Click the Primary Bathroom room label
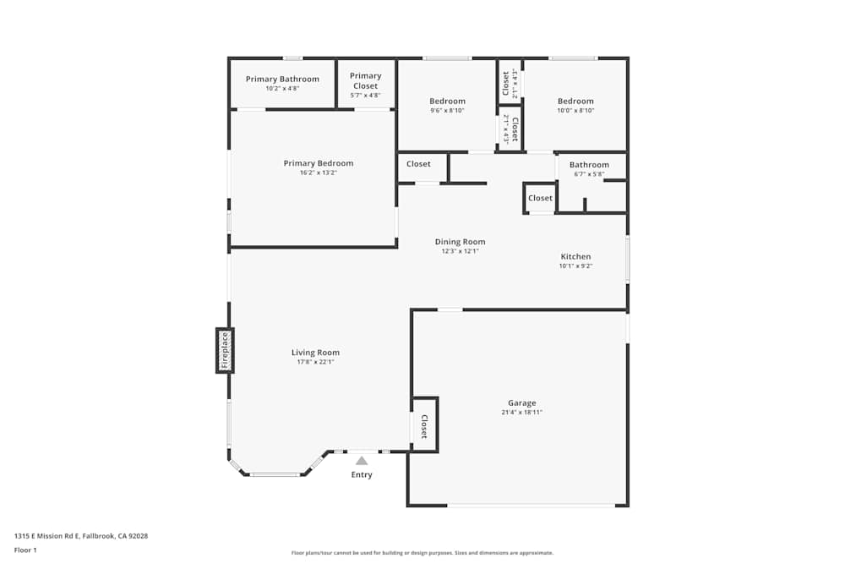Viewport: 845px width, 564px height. point(282,79)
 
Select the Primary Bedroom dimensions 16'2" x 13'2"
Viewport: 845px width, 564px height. point(319,172)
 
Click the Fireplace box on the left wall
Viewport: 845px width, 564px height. point(225,350)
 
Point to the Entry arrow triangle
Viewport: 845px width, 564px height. point(362,461)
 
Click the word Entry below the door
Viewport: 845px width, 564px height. point(362,474)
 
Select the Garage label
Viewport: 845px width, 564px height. point(521,403)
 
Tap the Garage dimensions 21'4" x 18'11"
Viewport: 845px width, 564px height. point(521,413)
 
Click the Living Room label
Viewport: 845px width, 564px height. point(315,353)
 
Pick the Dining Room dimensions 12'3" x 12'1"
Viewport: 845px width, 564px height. point(460,251)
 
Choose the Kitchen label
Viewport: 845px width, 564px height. point(575,256)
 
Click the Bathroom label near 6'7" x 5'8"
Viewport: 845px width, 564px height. point(589,165)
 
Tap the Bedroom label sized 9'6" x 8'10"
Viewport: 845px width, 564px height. point(447,101)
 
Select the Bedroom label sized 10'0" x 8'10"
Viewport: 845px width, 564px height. point(575,101)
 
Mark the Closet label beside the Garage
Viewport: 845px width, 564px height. point(424,425)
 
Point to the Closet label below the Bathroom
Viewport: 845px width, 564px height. point(540,198)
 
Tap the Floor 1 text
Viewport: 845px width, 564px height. point(25,550)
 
